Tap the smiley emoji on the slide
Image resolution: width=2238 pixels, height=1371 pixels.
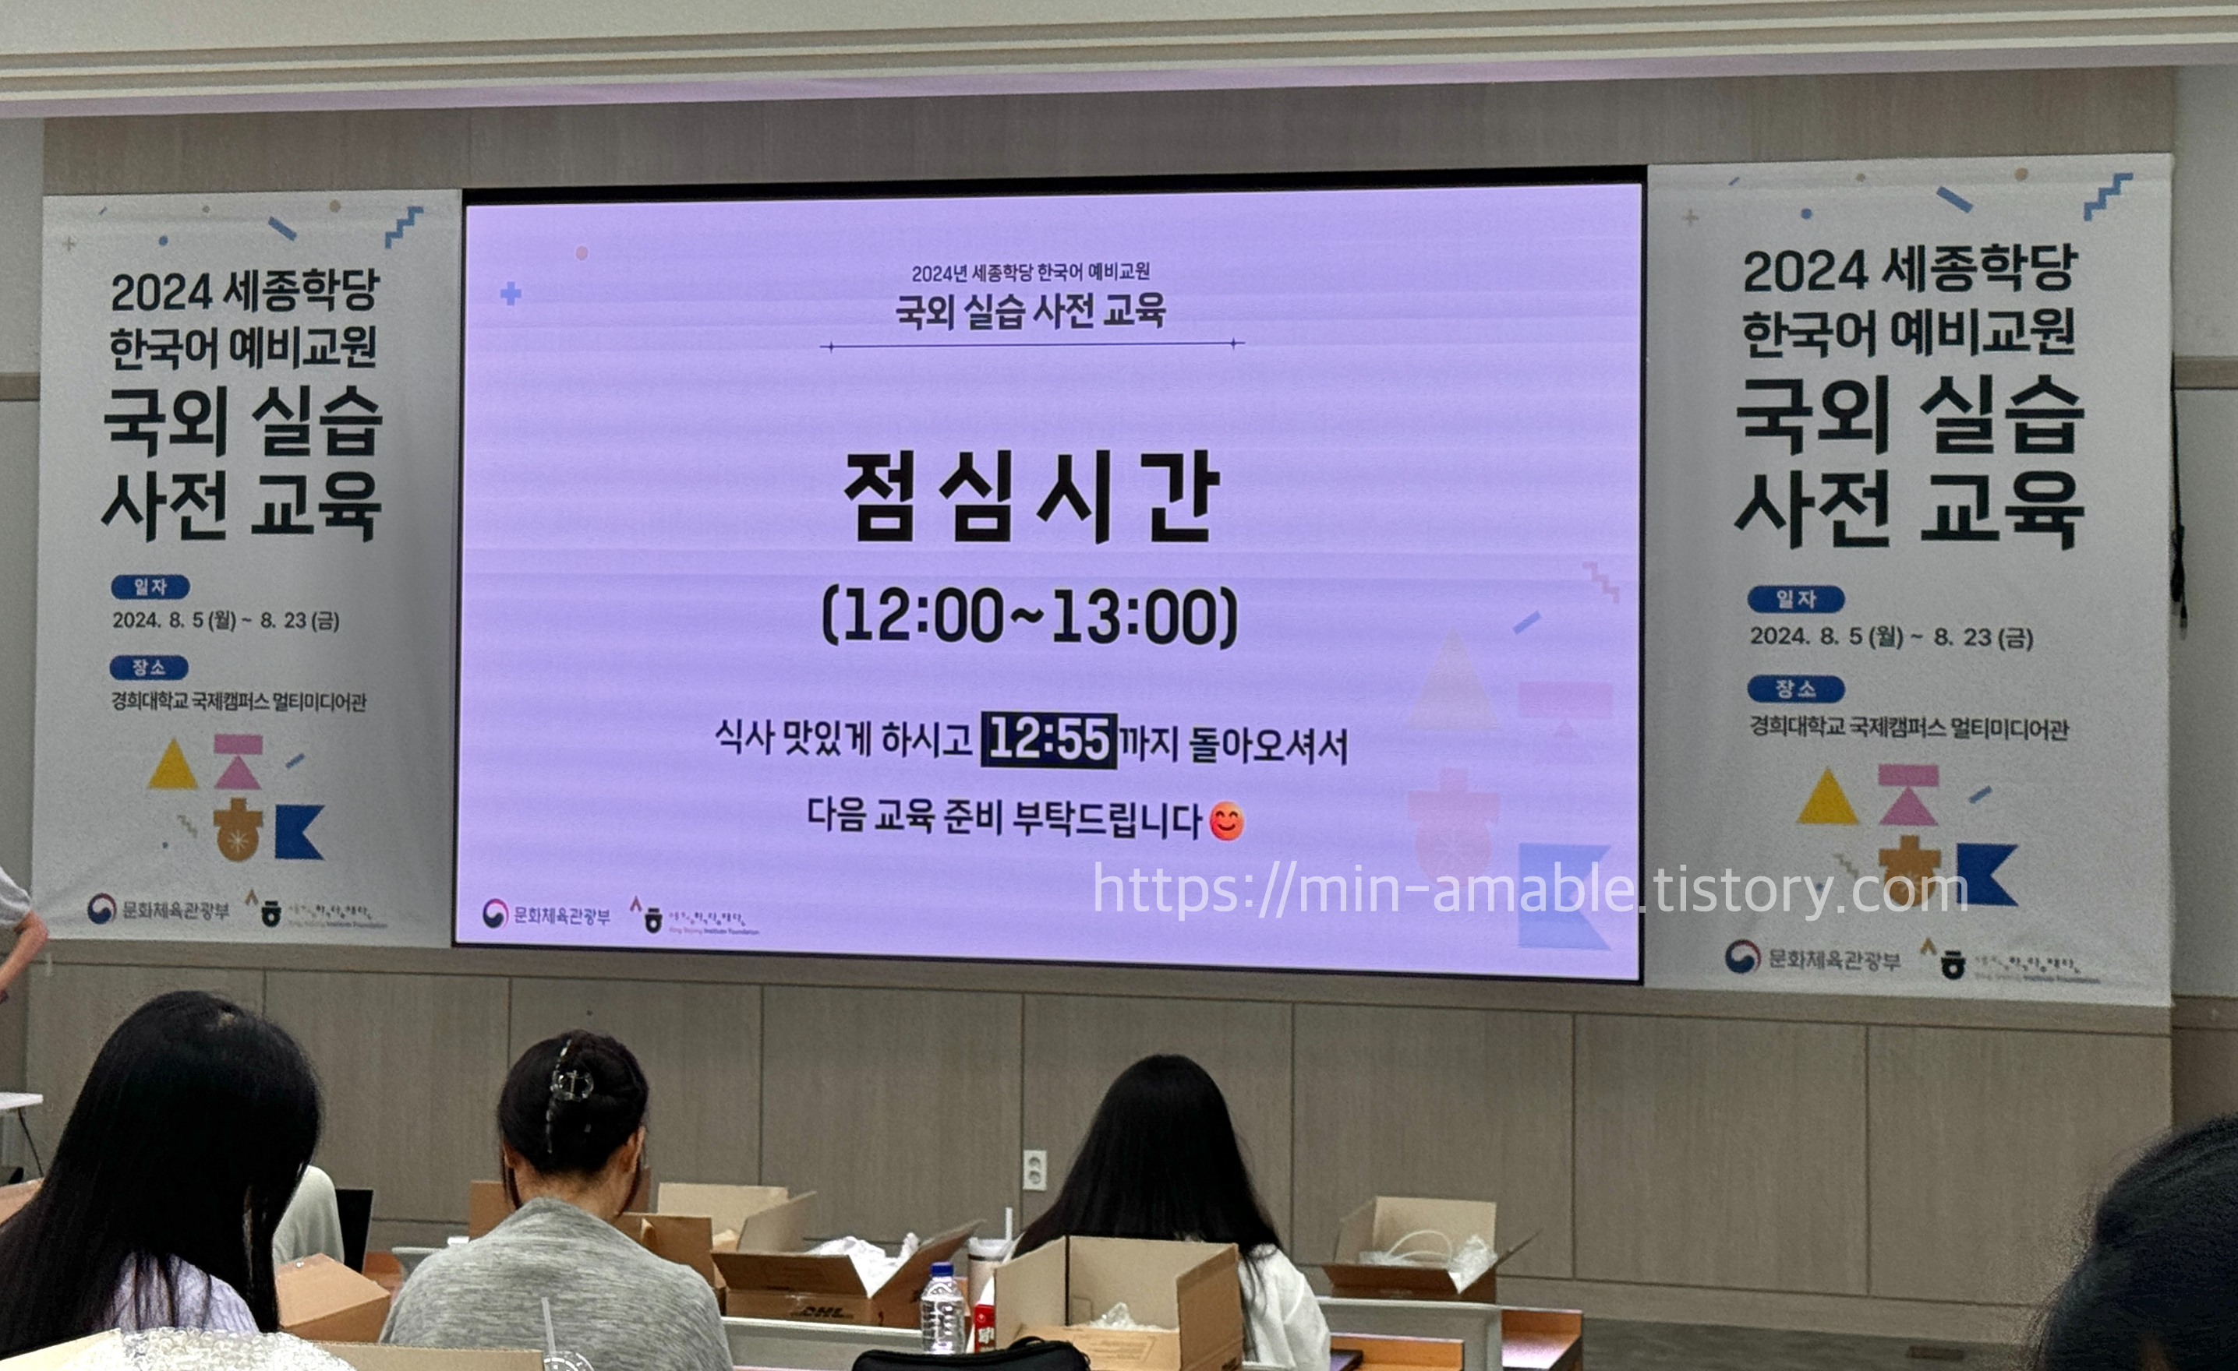1227,822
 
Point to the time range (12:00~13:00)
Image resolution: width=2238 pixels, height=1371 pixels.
1030,616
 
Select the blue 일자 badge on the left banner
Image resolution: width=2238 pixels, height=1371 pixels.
150,587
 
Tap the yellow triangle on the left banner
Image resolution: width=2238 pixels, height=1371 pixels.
171,767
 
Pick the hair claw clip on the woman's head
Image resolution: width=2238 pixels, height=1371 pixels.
570,1084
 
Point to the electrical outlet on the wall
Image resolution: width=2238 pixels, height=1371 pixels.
1034,1169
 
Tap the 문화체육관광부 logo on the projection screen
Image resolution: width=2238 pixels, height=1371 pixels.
546,915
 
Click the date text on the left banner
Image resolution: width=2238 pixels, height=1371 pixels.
226,621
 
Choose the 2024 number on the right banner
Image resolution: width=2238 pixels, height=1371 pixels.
1804,272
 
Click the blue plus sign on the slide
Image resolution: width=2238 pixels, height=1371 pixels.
511,293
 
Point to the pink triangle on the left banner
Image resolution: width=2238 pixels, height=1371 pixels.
239,772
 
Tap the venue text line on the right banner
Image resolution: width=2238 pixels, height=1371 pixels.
1908,728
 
